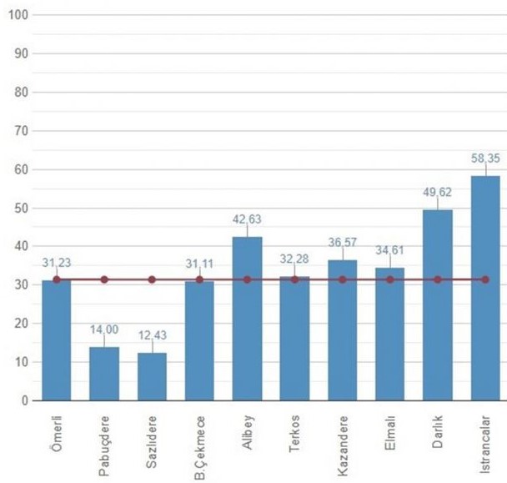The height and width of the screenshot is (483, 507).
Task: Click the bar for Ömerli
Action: click(x=57, y=340)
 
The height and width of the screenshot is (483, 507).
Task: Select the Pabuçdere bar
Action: click(x=104, y=373)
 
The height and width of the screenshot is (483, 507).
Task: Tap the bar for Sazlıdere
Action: click(x=152, y=376)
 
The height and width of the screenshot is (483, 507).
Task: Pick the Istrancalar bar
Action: click(x=485, y=288)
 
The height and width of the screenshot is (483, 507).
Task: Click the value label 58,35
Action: click(x=484, y=154)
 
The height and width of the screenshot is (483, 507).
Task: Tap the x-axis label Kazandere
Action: click(x=344, y=440)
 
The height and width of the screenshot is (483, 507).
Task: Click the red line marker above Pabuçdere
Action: click(x=104, y=279)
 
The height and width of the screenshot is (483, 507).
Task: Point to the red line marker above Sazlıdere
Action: click(x=152, y=279)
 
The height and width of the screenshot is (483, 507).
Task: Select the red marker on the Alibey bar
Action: click(x=247, y=279)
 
